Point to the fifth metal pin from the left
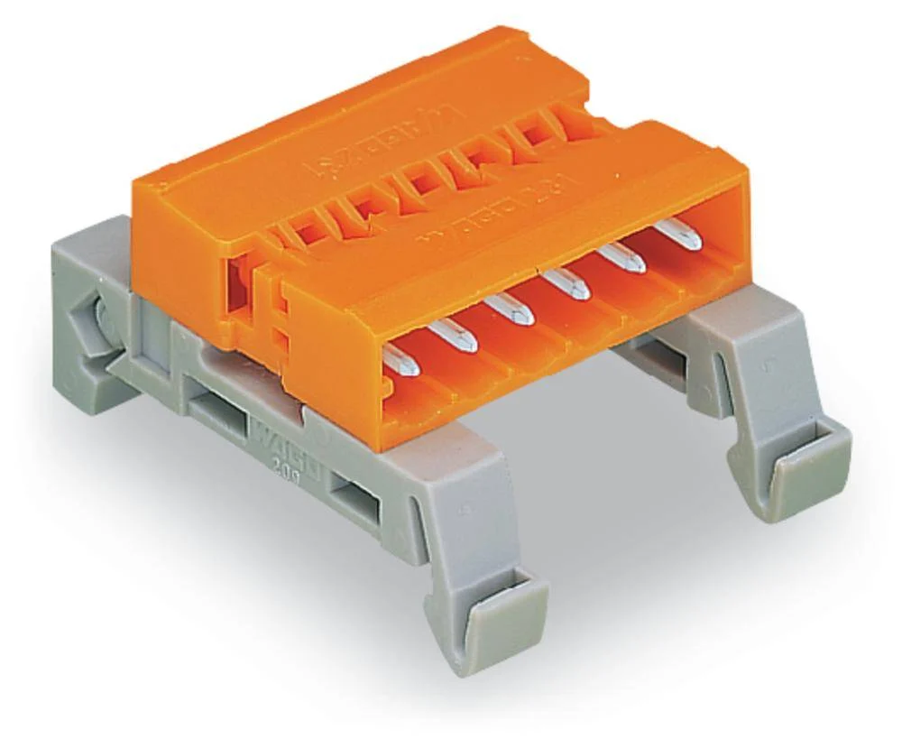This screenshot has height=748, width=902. pyautogui.click(x=624, y=260)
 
